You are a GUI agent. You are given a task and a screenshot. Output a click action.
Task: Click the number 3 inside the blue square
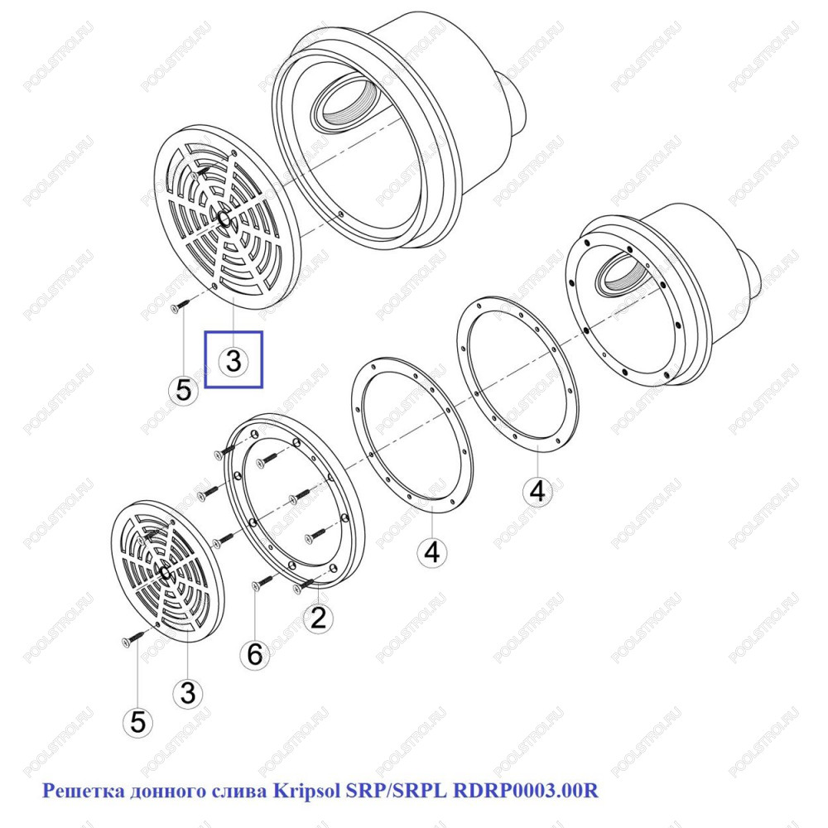233,361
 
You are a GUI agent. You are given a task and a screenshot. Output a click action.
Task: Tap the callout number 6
255,655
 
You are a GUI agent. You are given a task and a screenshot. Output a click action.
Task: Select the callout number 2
318,618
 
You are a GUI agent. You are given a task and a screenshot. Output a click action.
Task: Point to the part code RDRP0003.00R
526,791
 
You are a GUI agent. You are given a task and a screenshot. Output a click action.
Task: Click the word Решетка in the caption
84,791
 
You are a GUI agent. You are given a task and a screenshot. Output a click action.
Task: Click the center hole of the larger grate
224,219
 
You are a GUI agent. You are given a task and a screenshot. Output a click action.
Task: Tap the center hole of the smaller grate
165,571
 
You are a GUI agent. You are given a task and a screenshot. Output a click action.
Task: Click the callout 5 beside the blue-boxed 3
183,390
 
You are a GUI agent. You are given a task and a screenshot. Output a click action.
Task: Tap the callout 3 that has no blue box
188,693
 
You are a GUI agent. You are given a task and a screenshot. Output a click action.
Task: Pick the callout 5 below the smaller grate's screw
137,721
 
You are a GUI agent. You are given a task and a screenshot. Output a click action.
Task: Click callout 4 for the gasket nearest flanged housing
537,491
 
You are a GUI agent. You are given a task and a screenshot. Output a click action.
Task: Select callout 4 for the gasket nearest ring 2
432,552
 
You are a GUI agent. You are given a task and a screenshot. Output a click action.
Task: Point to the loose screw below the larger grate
180,306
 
